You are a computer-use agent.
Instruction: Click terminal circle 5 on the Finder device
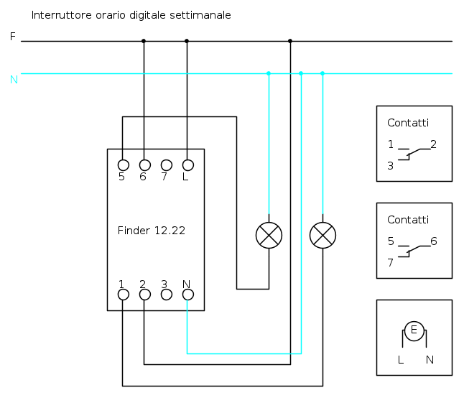[124, 165]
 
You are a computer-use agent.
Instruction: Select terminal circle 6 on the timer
[145, 165]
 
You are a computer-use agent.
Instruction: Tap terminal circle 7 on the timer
[167, 165]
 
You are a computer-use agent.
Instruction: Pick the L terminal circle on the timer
[188, 165]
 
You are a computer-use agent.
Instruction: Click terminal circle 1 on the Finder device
[124, 295]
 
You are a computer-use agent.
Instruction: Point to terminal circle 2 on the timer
[145, 295]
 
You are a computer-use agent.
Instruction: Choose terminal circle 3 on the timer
[167, 295]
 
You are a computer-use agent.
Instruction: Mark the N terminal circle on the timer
[188, 295]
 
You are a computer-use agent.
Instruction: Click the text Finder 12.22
[152, 231]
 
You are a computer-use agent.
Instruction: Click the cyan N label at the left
[14, 80]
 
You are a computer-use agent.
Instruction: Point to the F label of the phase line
[12, 37]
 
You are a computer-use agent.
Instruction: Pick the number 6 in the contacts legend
[434, 241]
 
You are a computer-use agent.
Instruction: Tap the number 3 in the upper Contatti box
[390, 166]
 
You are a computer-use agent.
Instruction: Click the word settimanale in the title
[200, 15]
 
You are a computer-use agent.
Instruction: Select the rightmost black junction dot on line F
[290, 41]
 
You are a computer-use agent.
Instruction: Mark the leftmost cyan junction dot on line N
[269, 73]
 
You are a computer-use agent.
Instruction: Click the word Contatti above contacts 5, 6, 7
[408, 220]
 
